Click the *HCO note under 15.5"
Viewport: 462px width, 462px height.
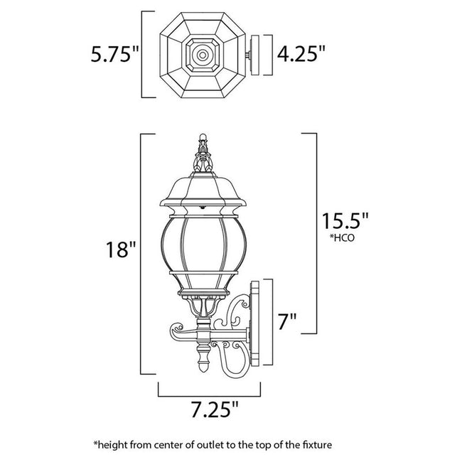coord(342,239)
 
